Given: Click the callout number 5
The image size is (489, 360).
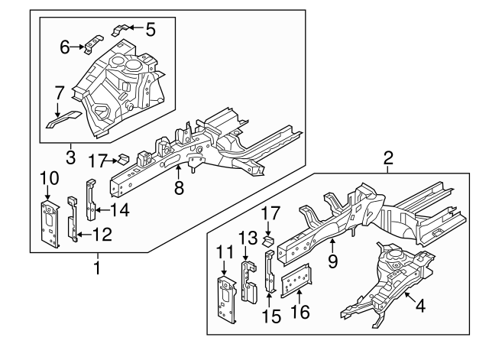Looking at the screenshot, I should click(151, 30).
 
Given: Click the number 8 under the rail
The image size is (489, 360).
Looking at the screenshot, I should click(179, 187).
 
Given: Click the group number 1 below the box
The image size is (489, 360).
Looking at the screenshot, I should click(97, 268).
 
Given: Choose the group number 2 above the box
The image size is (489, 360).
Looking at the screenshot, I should click(388, 159).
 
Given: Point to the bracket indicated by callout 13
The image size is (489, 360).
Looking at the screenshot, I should click(248, 281).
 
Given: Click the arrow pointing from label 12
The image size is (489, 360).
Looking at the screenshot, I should click(83, 235).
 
